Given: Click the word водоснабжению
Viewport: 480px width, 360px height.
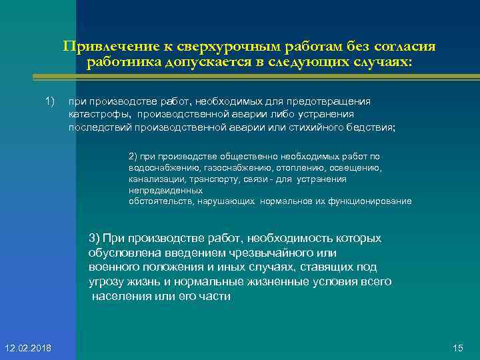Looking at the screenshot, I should tap(160, 169).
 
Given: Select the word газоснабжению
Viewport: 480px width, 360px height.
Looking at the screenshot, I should tap(234, 169).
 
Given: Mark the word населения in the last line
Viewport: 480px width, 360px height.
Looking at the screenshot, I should tap(121, 296).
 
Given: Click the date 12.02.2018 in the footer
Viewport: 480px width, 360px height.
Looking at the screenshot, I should tap(31, 348).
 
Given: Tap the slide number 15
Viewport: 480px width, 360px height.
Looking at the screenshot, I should tap(457, 348).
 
